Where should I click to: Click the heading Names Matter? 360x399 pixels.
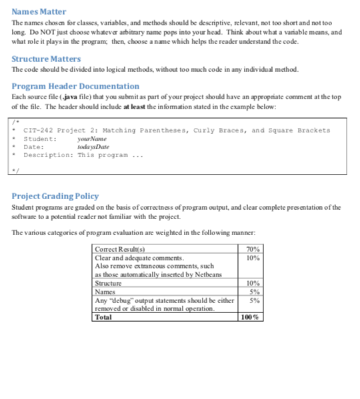pyautogui.click(x=39, y=12)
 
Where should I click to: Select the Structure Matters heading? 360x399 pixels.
pyautogui.click(x=46, y=59)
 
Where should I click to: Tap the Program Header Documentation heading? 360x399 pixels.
pyautogui.click(x=75, y=86)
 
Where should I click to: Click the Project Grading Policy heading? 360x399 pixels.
pyautogui.click(x=55, y=196)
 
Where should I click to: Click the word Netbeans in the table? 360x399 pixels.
pyautogui.click(x=209, y=274)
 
